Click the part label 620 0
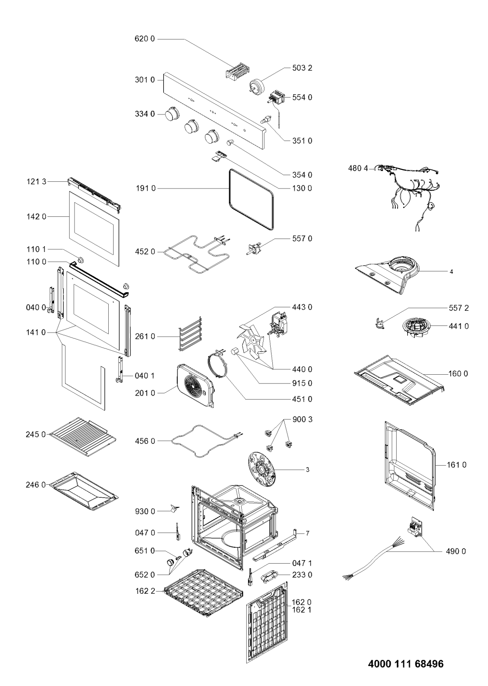[145, 39]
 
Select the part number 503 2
[302, 68]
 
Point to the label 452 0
[145, 252]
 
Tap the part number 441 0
[459, 326]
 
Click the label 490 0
[456, 551]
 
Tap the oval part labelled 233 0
[268, 576]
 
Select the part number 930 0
[145, 511]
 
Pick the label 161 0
[457, 465]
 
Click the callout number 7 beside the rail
[307, 533]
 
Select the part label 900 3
[302, 419]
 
